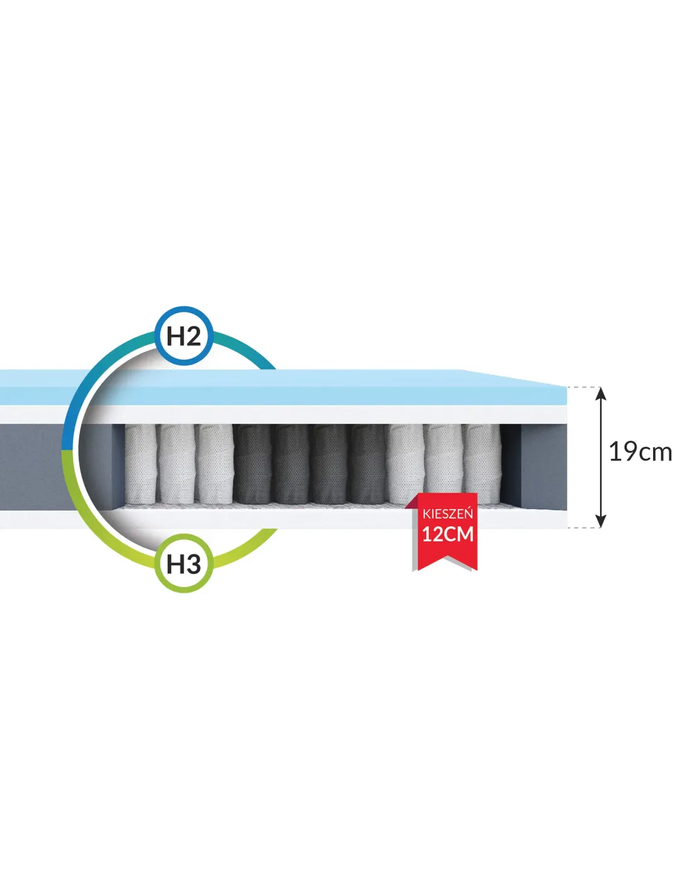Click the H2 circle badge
coord(184,336)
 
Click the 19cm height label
coord(640,452)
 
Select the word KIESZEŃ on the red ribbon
coord(447,514)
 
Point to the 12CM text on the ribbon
coord(447,534)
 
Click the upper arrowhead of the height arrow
coord(601,394)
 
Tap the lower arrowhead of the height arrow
coord(601,520)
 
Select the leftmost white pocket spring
coord(140,464)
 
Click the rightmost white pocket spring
coord(481,464)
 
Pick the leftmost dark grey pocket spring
coord(252,464)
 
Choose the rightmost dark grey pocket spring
coord(367,464)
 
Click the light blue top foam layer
coord(284,387)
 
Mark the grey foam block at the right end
coord(544,466)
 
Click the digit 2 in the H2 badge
coord(193,336)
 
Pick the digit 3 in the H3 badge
coord(193,564)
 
